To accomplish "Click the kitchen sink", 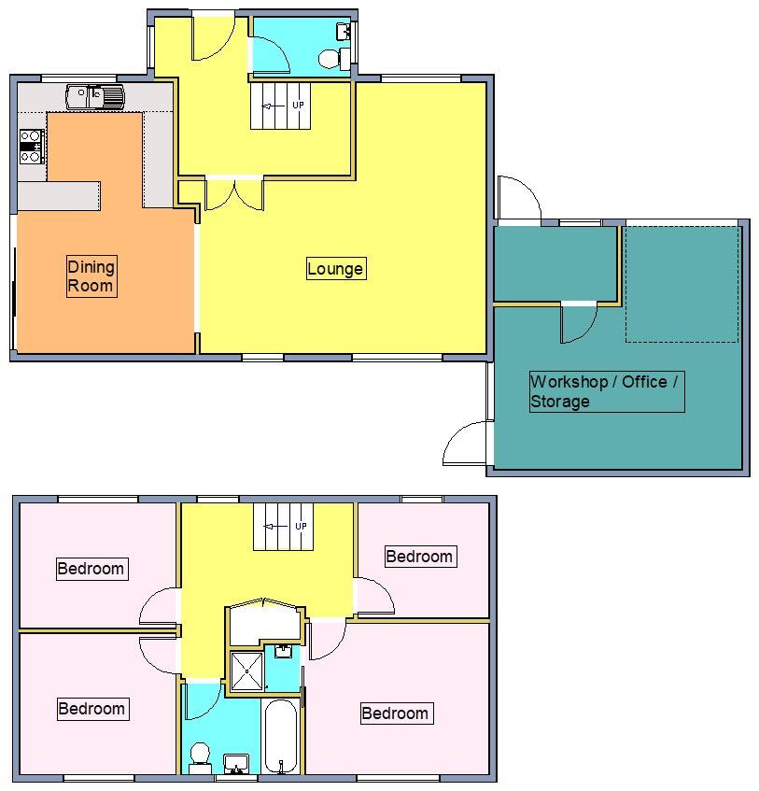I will (94, 94).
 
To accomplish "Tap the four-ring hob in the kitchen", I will (32, 146).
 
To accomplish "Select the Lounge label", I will (335, 269).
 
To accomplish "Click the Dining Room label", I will (91, 277).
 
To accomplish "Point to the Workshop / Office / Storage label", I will (606, 391).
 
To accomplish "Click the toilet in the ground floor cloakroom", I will (330, 60).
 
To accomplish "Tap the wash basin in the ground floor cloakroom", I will (343, 34).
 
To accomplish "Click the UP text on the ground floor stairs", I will (298, 106).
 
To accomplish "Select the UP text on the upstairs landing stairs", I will (301, 527).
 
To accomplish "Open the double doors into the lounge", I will (233, 193).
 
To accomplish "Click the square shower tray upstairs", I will (246, 671).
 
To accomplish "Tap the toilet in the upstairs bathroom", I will (199, 755).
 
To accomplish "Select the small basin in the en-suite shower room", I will (282, 651).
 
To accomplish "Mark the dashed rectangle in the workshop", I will (682, 284).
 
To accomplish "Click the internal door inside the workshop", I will (578, 322).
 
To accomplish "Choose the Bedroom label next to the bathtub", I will (395, 713).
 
